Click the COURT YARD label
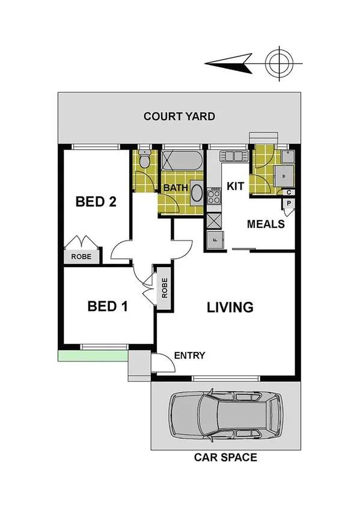[x=179, y=116]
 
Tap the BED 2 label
[x=96, y=201]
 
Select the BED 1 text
[x=108, y=306]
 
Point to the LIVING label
[x=230, y=307]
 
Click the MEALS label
[x=266, y=224]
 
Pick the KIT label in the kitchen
[x=236, y=187]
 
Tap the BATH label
[x=175, y=188]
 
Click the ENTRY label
[x=189, y=355]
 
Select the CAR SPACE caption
[x=225, y=458]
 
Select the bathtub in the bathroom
[x=183, y=161]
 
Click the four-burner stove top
[x=214, y=196]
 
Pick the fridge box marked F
[x=213, y=239]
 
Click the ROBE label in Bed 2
[x=82, y=256]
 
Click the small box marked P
[x=289, y=204]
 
